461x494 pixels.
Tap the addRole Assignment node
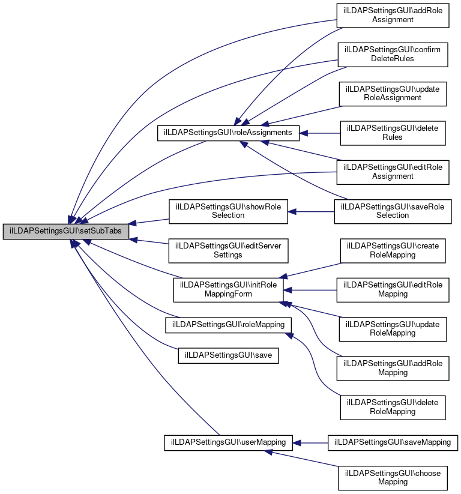(x=393, y=14)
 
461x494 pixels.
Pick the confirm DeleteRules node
(x=393, y=54)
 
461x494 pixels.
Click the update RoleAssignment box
(x=393, y=93)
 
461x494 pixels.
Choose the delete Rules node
(x=393, y=133)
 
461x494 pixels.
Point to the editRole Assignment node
(x=393, y=172)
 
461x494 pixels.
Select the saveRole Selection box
(x=393, y=211)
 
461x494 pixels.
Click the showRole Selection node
(x=228, y=211)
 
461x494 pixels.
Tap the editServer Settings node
(x=228, y=250)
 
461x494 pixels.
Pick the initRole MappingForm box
(x=228, y=289)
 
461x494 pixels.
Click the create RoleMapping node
(x=393, y=250)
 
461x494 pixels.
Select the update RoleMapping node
(x=393, y=328)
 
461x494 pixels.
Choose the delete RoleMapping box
(x=393, y=407)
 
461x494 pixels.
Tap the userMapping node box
(x=228, y=442)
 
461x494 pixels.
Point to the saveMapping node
(x=393, y=442)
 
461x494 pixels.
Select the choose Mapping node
(x=393, y=477)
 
